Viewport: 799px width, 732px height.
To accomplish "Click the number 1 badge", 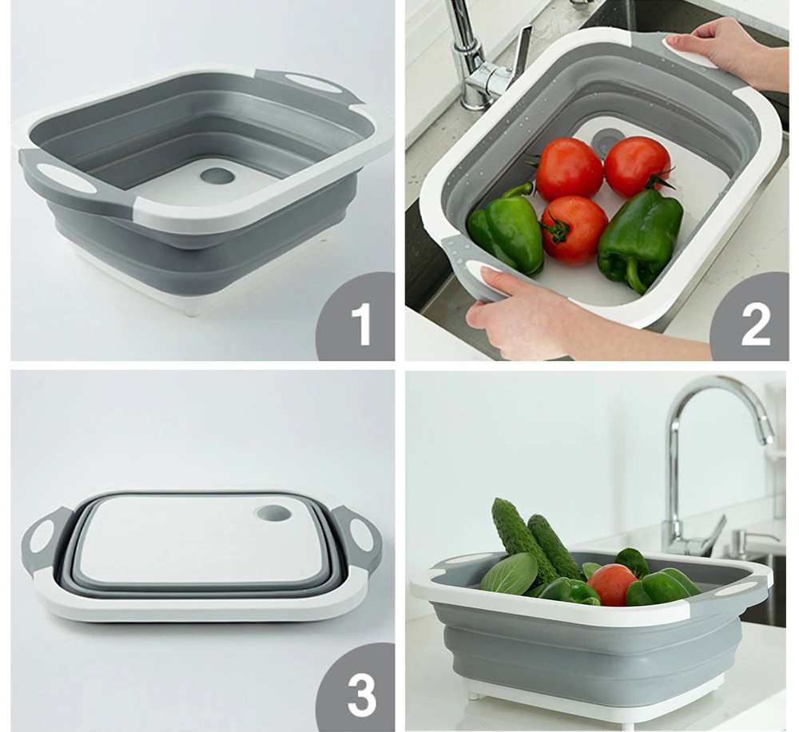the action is (356, 317).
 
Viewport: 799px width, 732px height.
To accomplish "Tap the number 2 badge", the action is (752, 317).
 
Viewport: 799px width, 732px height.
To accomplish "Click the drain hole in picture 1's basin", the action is (217, 177).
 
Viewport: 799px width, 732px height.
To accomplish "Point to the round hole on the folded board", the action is (273, 513).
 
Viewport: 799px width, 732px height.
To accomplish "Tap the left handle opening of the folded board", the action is (41, 535).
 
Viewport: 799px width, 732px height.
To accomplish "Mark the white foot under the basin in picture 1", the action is (192, 309).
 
